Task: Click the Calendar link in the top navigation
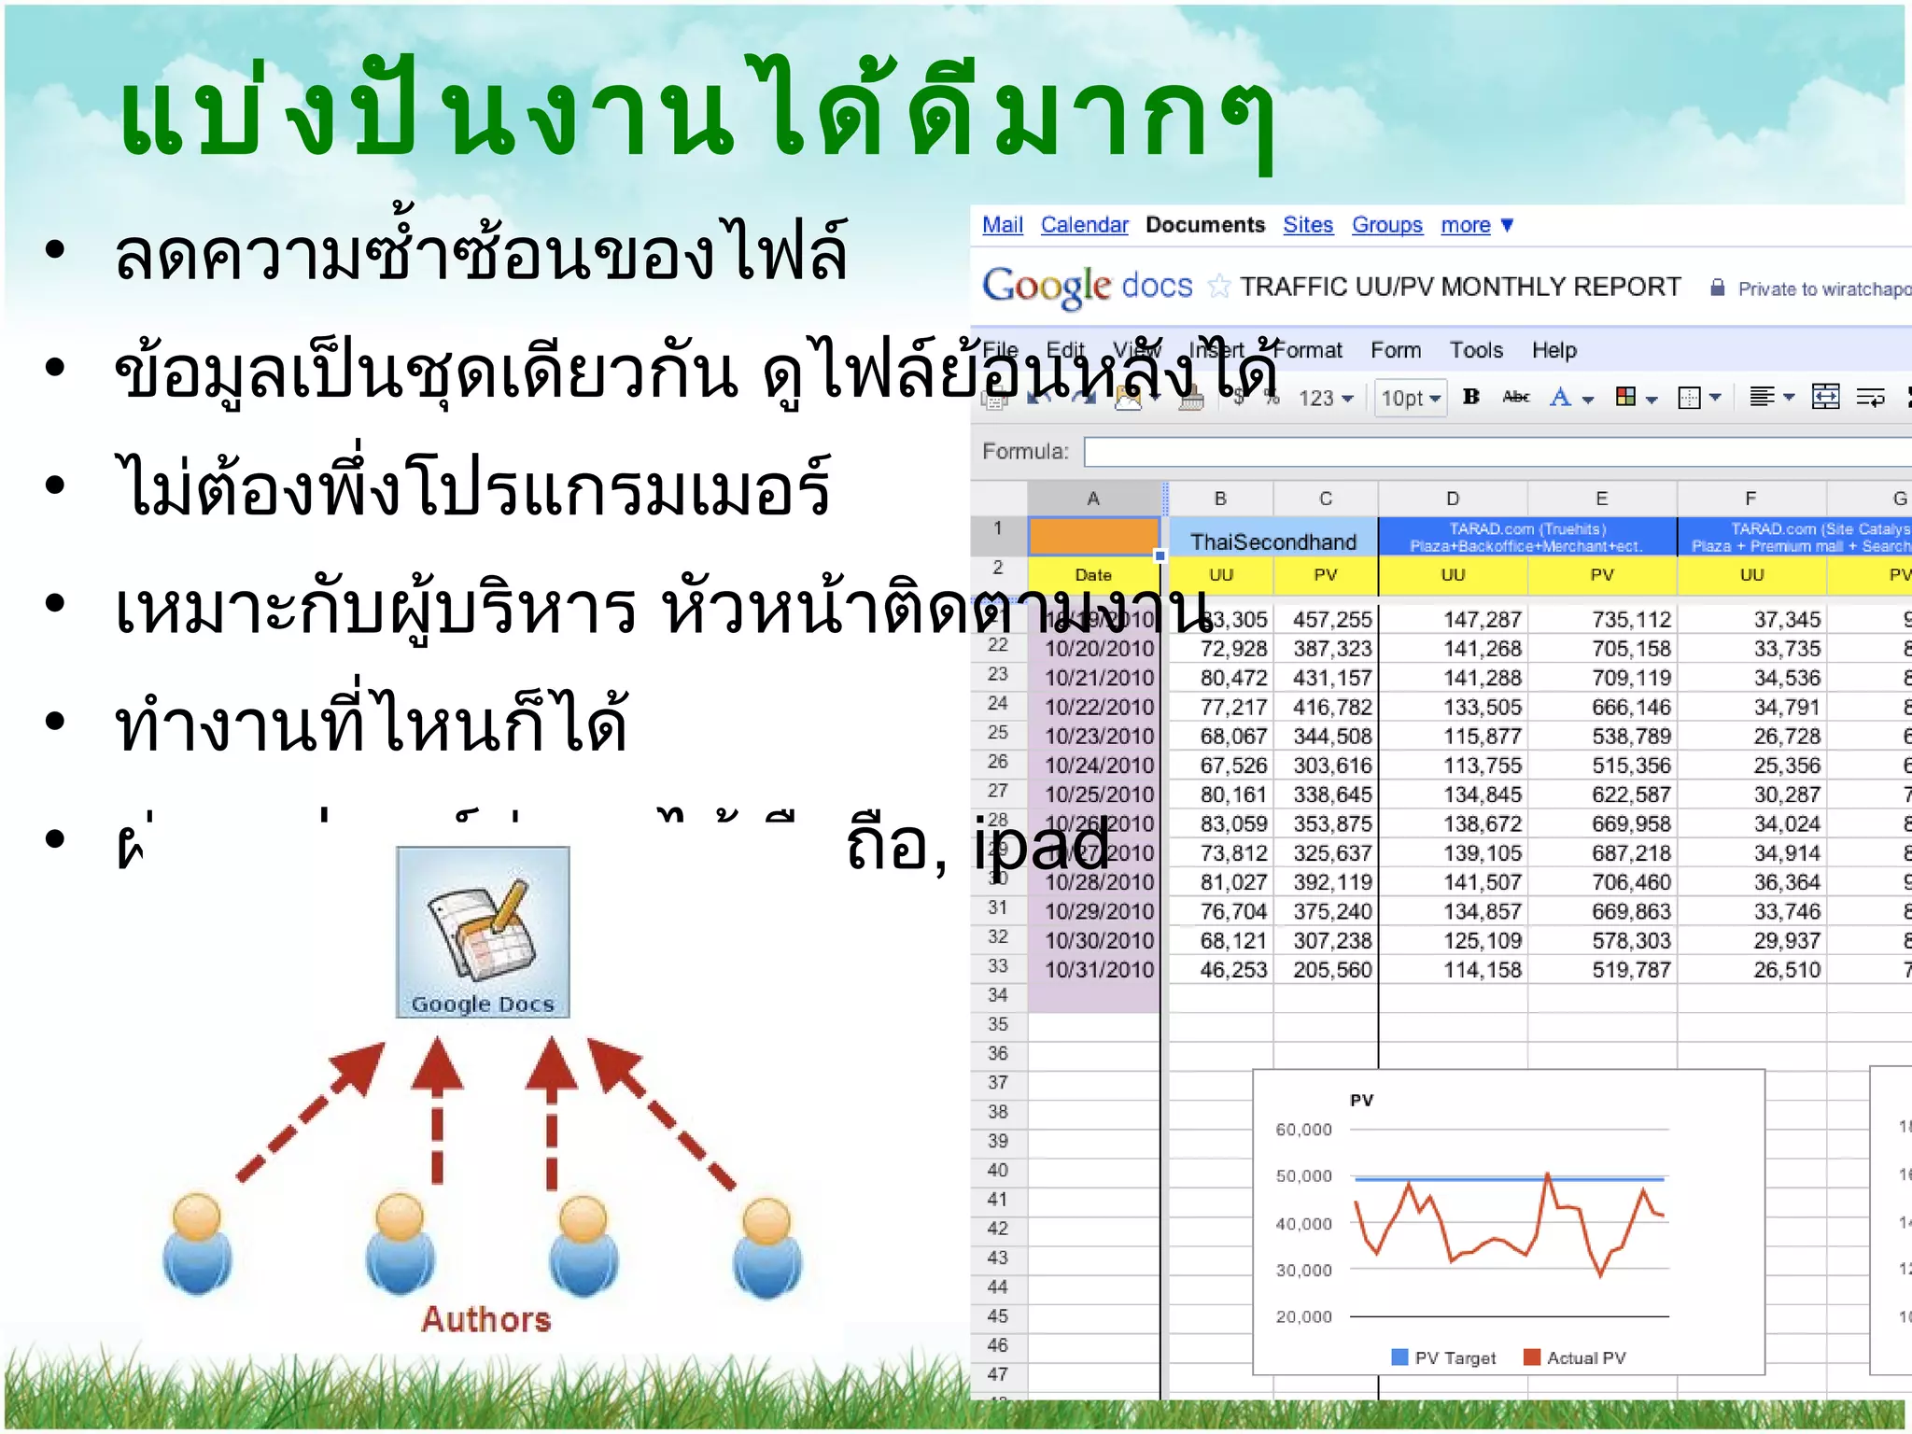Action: click(x=1084, y=225)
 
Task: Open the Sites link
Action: click(x=1307, y=225)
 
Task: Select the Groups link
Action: click(x=1386, y=225)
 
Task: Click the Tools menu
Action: click(x=1475, y=350)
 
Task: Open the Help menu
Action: click(x=1553, y=350)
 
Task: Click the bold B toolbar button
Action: click(x=1471, y=397)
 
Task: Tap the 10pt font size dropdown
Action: click(x=1410, y=399)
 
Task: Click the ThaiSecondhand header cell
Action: click(x=1272, y=541)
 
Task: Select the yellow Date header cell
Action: click(x=1093, y=575)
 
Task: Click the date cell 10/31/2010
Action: click(x=1099, y=970)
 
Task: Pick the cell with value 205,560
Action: click(x=1332, y=970)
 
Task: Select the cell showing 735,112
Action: click(x=1631, y=620)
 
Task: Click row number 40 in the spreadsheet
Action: click(x=998, y=1170)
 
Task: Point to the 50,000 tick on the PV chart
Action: click(x=1303, y=1176)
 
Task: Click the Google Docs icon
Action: click(x=483, y=932)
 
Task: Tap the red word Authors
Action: click(x=485, y=1319)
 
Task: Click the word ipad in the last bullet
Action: click(x=1041, y=844)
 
